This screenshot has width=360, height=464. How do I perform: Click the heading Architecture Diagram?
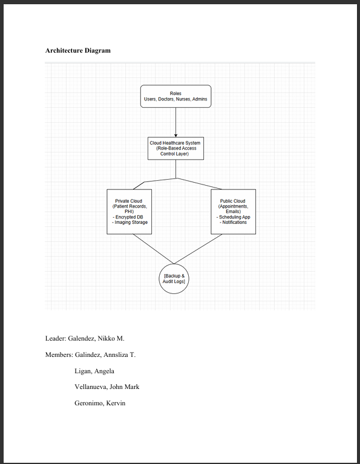tap(78, 50)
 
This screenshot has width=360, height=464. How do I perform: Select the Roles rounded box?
tap(175, 96)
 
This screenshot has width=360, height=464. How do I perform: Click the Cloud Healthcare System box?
tap(175, 148)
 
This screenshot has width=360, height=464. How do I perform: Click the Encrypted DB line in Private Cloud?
tap(129, 217)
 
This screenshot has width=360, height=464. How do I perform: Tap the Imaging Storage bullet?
tap(129, 223)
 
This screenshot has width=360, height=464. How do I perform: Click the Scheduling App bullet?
tap(234, 217)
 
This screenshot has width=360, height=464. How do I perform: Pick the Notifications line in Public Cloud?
tap(234, 223)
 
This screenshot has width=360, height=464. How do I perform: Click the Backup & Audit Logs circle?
tap(174, 279)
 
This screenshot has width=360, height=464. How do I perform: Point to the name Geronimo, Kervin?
tap(100, 404)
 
